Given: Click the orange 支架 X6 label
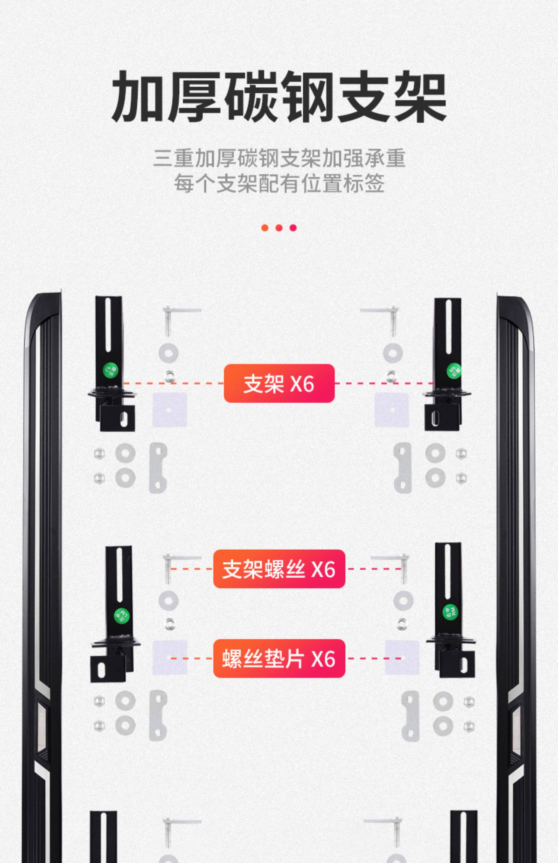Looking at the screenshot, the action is click(x=279, y=383).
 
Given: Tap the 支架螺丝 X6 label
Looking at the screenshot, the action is click(x=279, y=569).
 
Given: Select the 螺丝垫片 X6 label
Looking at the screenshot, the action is click(x=279, y=658).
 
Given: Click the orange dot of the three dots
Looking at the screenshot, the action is click(x=265, y=228).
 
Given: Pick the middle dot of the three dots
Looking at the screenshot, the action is click(x=279, y=228).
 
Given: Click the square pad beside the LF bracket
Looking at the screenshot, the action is click(x=170, y=410).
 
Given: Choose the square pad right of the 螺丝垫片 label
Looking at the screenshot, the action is click(x=401, y=658).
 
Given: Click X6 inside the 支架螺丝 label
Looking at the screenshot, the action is click(x=323, y=569).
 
